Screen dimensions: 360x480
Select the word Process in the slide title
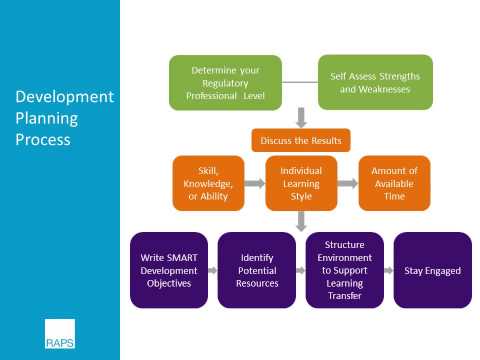coord(43,139)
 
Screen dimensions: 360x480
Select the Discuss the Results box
coord(301,140)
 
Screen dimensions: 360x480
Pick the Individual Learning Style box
coord(301,183)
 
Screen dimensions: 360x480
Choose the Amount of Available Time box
coord(394,183)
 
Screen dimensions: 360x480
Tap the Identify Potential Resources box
coord(257,270)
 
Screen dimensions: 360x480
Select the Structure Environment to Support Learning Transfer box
coord(347,270)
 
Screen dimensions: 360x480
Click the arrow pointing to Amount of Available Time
coord(346,183)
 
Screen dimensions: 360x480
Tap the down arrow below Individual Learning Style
coord(301,222)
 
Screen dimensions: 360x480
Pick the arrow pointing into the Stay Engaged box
coord(389,270)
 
